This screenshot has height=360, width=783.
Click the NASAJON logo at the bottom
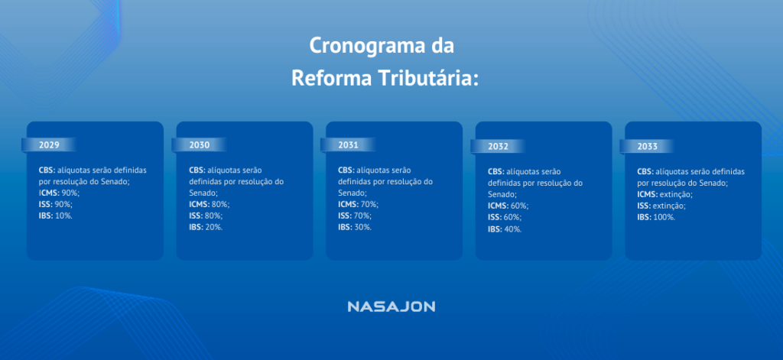pyautogui.click(x=391, y=306)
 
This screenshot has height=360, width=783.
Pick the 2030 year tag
pyautogui.click(x=200, y=144)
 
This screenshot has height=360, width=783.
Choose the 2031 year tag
pyautogui.click(x=349, y=144)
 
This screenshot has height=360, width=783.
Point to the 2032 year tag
pyautogui.click(x=499, y=146)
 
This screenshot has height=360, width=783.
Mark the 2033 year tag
pyautogui.click(x=648, y=145)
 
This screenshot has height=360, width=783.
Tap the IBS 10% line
pyautogui.click(x=56, y=216)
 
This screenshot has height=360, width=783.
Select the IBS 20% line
pyautogui.click(x=206, y=227)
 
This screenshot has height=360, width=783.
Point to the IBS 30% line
pyautogui.click(x=355, y=227)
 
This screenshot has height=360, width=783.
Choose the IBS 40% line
pyautogui.click(x=505, y=229)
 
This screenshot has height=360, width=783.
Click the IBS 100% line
pyautogui.click(x=656, y=217)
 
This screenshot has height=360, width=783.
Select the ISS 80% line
pyautogui.click(x=206, y=216)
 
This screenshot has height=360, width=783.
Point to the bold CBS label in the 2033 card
pyautogui.click(x=645, y=172)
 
